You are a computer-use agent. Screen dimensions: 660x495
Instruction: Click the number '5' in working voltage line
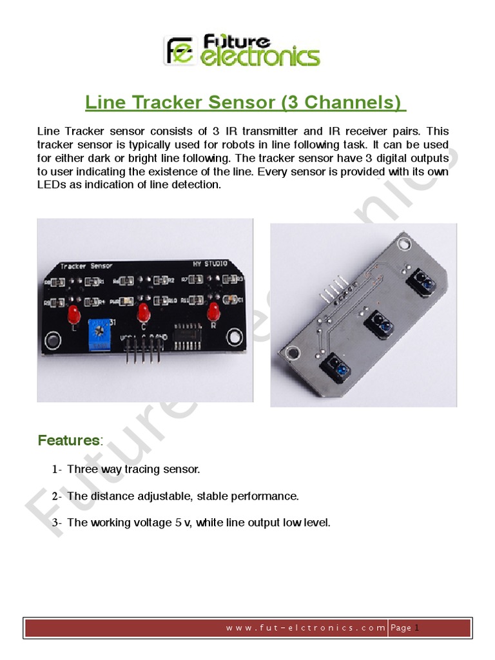[178, 523]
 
